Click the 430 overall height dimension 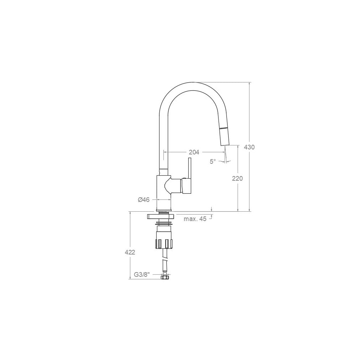[x=249, y=147]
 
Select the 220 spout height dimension [x=237, y=179]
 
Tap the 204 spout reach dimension [x=194, y=152]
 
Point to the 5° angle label [x=213, y=161]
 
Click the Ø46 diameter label [x=144, y=200]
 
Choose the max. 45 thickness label [x=195, y=219]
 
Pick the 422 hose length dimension [x=130, y=252]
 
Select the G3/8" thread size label [x=142, y=274]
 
